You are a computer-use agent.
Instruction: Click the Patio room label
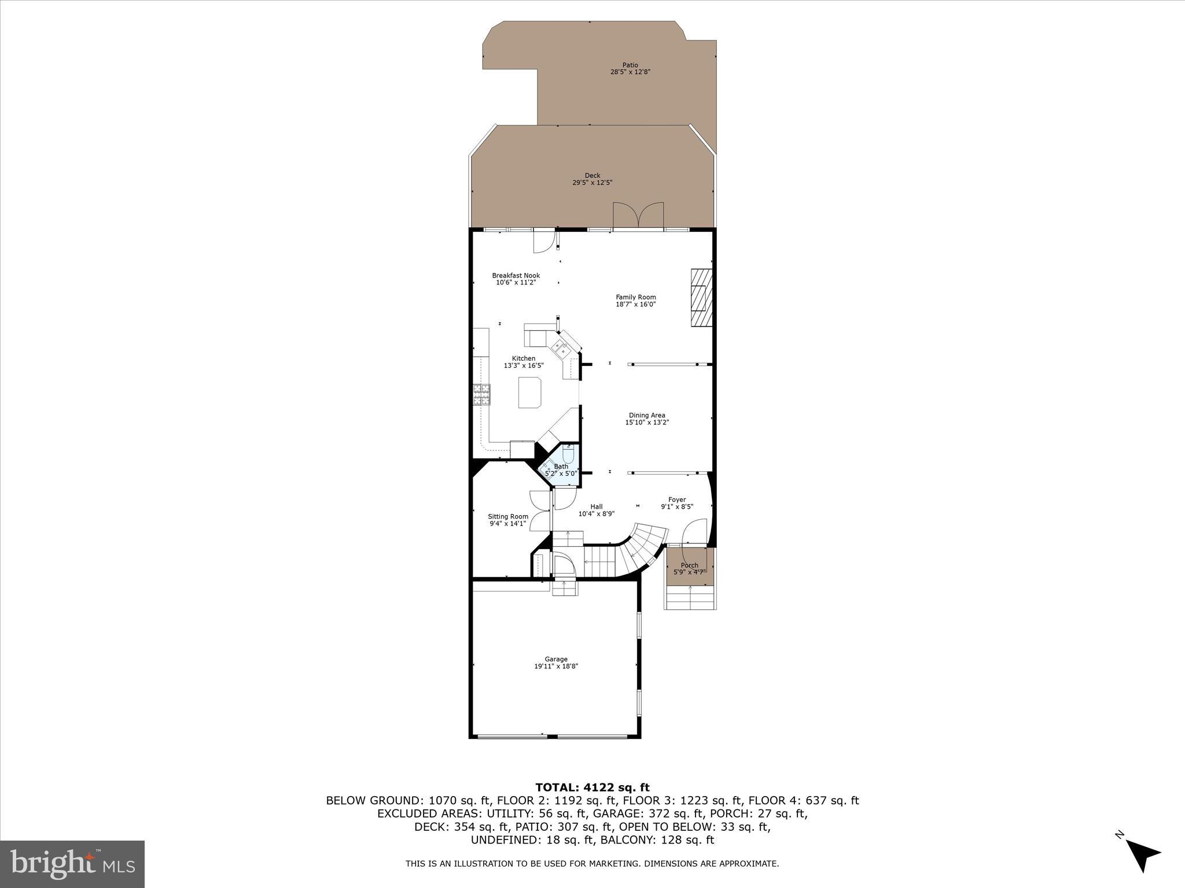click(x=630, y=65)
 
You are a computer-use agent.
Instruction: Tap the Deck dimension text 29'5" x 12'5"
click(x=592, y=183)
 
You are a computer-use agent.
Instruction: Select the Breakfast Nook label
click(x=516, y=275)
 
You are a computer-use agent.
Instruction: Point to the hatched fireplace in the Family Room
click(x=700, y=298)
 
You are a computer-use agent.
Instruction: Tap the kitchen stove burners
click(x=481, y=395)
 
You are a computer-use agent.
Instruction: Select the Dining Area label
click(x=647, y=415)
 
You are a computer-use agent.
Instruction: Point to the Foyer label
click(x=677, y=499)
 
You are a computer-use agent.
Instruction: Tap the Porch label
click(x=689, y=565)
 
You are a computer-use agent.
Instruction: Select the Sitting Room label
click(x=507, y=516)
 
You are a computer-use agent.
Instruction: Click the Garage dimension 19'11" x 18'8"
click(x=555, y=667)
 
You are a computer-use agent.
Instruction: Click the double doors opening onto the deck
click(x=638, y=216)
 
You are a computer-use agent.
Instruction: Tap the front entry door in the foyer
click(x=694, y=532)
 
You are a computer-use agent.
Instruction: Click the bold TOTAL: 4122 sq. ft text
click(x=592, y=787)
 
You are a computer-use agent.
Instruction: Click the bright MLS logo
click(x=72, y=864)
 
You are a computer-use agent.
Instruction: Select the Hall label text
click(x=596, y=506)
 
